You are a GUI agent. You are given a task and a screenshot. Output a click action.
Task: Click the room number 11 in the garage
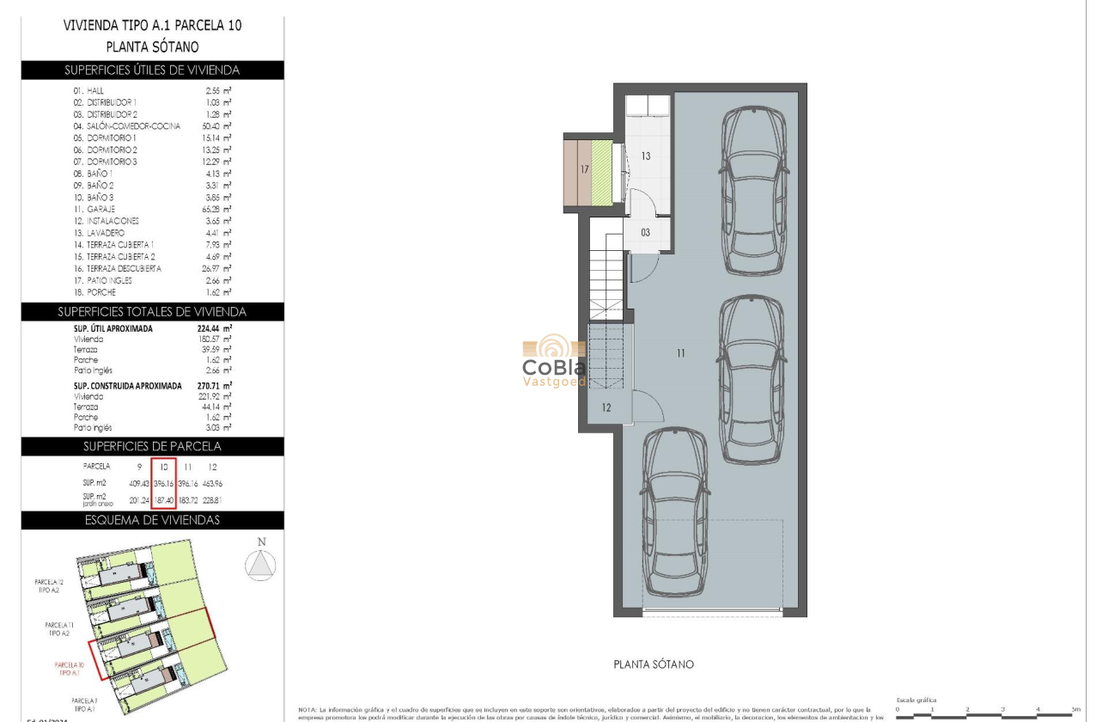pyautogui.click(x=680, y=353)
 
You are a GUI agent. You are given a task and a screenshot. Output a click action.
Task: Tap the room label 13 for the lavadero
pyautogui.click(x=646, y=156)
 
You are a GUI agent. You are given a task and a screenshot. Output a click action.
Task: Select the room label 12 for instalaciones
pyautogui.click(x=606, y=407)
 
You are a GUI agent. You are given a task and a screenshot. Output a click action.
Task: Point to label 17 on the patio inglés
pyautogui.click(x=584, y=170)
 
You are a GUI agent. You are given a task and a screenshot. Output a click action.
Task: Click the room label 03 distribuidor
pyautogui.click(x=645, y=232)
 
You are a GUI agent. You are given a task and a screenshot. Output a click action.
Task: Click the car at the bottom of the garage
pyautogui.click(x=676, y=512)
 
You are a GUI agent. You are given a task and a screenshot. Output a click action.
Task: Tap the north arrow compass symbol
pyautogui.click(x=261, y=563)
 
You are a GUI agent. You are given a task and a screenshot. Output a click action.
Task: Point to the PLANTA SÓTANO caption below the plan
pyautogui.click(x=654, y=664)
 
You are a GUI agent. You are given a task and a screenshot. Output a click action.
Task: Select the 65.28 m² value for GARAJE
pyautogui.click(x=218, y=209)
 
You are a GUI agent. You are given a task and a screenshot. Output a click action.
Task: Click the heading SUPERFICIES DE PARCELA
pyautogui.click(x=152, y=446)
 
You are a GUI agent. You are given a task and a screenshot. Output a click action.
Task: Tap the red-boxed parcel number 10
pyautogui.click(x=163, y=466)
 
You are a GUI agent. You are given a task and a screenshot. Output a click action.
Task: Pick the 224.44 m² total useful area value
pyautogui.click(x=215, y=328)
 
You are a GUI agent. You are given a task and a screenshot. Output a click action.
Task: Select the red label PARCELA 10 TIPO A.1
pyautogui.click(x=69, y=670)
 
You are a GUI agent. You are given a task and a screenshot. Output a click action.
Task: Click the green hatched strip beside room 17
pyautogui.click(x=602, y=173)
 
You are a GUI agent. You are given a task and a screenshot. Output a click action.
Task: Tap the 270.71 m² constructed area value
pyautogui.click(x=215, y=386)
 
